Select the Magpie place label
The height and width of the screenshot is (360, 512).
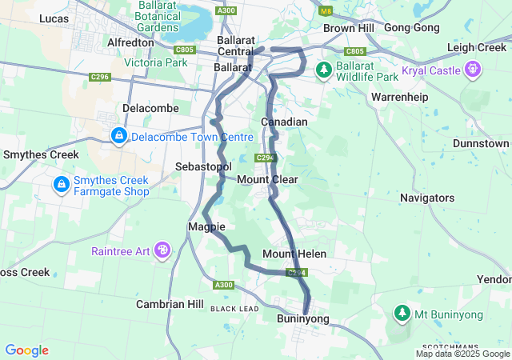point(206,227)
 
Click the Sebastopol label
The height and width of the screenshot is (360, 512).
point(203,166)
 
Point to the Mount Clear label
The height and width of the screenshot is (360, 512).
point(267,179)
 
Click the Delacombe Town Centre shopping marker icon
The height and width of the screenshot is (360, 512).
point(119,136)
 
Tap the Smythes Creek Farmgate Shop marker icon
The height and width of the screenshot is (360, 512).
point(61,185)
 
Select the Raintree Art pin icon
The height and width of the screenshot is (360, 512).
point(163,250)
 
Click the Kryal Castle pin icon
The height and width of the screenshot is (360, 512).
point(473,70)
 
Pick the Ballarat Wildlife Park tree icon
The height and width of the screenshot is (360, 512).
point(323,70)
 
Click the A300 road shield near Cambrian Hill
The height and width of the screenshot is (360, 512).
point(224,285)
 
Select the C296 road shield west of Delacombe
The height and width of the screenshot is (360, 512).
point(100,77)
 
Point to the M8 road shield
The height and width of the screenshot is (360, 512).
point(326,11)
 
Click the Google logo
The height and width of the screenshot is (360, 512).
point(26,350)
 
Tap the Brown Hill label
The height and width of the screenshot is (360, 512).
point(349,28)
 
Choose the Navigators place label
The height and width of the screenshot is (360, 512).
point(427,198)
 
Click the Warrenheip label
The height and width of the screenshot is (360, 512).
point(400,97)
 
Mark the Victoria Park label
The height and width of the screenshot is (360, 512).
point(155,62)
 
